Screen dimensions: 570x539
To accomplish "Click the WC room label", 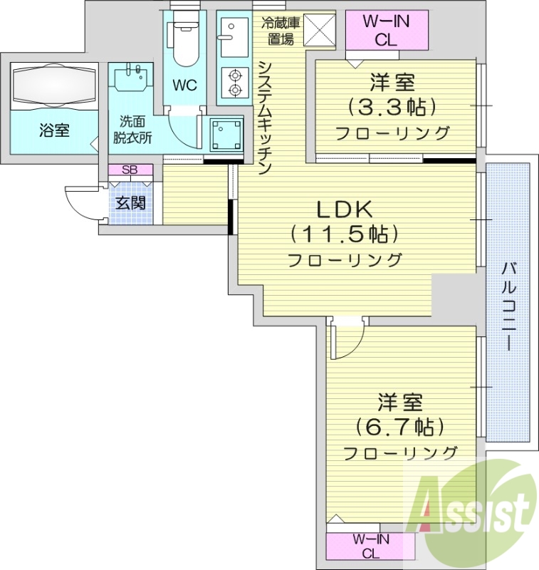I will point(185,86).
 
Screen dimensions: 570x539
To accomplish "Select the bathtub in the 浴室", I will point(53,85).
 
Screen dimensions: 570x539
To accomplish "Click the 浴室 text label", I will point(54,130).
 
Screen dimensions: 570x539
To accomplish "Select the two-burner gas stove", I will point(232,82).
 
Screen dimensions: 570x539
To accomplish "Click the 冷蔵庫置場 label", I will point(281,31).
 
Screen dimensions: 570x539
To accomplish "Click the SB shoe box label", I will point(130,170).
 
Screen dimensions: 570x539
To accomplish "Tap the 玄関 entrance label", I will point(131,202).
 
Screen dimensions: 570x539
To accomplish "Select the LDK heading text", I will point(345,209).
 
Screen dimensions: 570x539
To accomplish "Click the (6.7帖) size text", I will point(400,427).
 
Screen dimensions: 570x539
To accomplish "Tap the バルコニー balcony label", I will point(508,306).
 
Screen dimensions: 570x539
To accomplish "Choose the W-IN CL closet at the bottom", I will point(370,546).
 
